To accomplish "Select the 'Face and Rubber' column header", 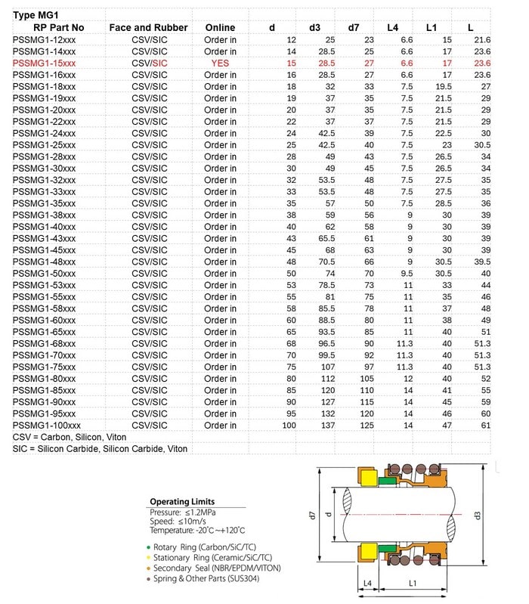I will (x=148, y=27).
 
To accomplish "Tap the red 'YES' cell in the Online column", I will (x=221, y=63).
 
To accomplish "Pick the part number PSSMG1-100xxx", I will (x=47, y=426).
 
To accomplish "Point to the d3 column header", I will (x=315, y=27).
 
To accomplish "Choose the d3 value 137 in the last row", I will (x=328, y=426).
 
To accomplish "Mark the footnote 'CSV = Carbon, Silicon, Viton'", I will (x=70, y=437).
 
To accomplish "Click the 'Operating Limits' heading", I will (x=181, y=501).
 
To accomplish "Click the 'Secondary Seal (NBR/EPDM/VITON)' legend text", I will (x=218, y=568).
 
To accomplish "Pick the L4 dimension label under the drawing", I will (x=367, y=583).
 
